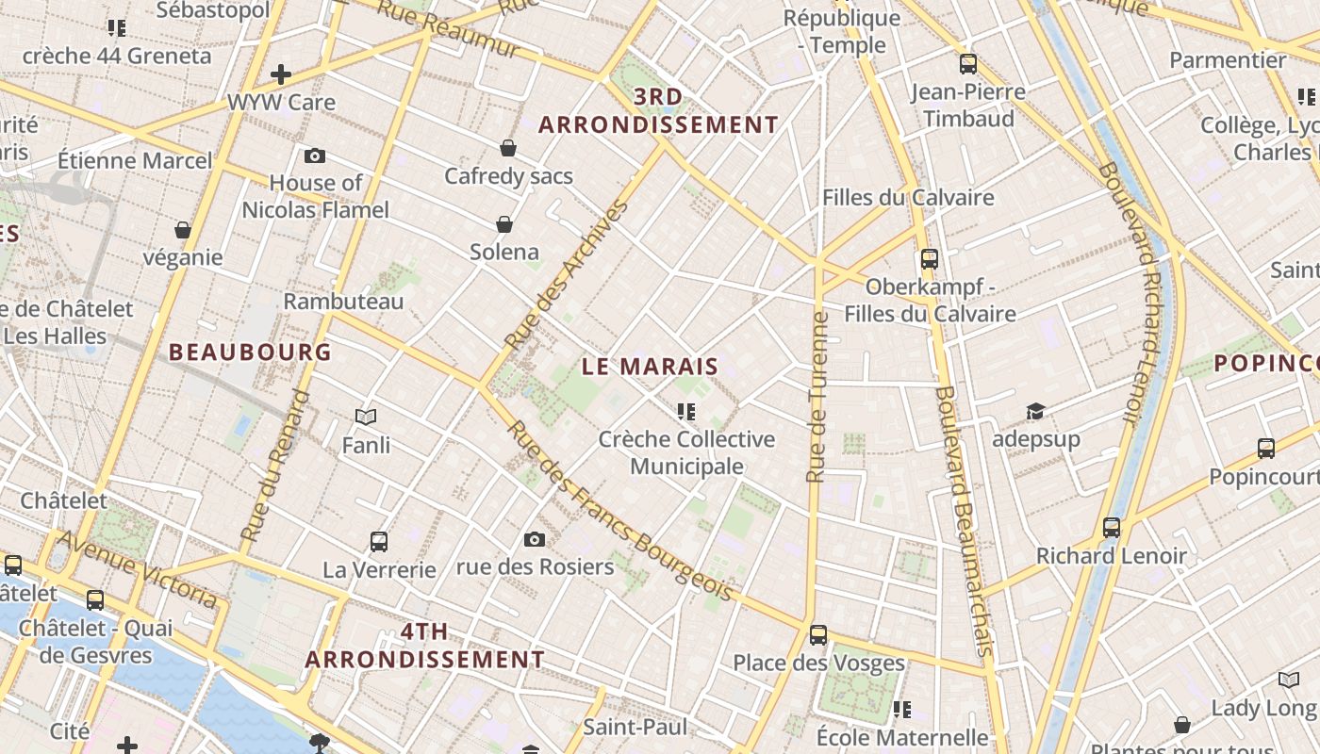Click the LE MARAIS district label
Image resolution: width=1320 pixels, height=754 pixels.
click(x=650, y=367)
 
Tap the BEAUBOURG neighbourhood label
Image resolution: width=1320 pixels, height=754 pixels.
click(x=250, y=352)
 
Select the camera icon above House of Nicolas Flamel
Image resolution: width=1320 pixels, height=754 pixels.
click(x=315, y=156)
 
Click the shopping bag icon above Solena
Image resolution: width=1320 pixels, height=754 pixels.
click(x=504, y=224)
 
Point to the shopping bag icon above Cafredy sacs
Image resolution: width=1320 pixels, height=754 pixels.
click(x=508, y=148)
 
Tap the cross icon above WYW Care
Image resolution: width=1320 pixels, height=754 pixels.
click(x=280, y=74)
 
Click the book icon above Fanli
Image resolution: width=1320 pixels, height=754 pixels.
click(x=366, y=417)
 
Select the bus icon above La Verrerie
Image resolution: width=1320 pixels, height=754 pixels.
click(x=379, y=542)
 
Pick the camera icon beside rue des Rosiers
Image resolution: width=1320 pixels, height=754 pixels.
click(x=535, y=539)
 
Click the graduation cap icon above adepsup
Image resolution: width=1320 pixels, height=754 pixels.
click(x=1035, y=411)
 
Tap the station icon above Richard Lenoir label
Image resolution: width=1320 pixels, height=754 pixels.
click(x=1112, y=528)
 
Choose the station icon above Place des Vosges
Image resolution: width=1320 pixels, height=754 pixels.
click(x=818, y=635)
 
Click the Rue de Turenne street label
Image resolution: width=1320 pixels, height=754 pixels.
click(x=817, y=396)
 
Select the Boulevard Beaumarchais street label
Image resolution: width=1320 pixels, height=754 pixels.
click(x=963, y=520)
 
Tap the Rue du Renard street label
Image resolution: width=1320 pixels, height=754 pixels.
click(x=274, y=466)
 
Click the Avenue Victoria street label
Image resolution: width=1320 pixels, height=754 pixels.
click(x=138, y=568)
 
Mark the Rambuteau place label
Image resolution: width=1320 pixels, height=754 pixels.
click(x=343, y=302)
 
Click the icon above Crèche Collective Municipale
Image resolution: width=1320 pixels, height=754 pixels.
click(x=686, y=411)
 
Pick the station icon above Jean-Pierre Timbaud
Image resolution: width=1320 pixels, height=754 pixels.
click(x=968, y=64)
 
